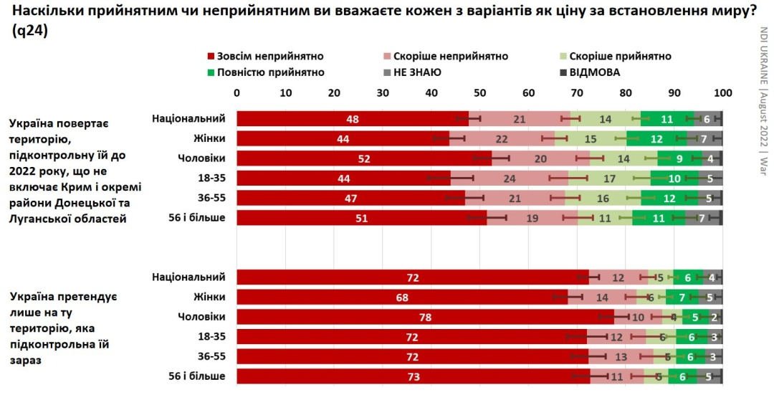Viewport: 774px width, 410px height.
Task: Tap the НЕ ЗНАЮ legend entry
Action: pos(416,72)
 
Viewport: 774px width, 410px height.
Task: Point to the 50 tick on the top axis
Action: pos(480,92)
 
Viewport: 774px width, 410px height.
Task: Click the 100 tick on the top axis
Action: pos(723,92)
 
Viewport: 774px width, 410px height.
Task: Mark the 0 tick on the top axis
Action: pos(237,92)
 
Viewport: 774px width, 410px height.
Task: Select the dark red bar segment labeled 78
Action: pos(426,317)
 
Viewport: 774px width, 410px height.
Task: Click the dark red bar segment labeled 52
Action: pos(364,158)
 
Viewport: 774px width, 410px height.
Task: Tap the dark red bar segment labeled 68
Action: pos(402,297)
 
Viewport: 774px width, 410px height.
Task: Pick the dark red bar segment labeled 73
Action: pos(414,376)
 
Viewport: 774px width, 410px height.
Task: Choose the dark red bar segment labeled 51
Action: pos(361,218)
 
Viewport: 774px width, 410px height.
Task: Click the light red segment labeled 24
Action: pos(510,178)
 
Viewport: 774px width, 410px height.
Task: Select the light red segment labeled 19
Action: pos(532,218)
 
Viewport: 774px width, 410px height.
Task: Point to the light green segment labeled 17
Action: pos(609,178)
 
